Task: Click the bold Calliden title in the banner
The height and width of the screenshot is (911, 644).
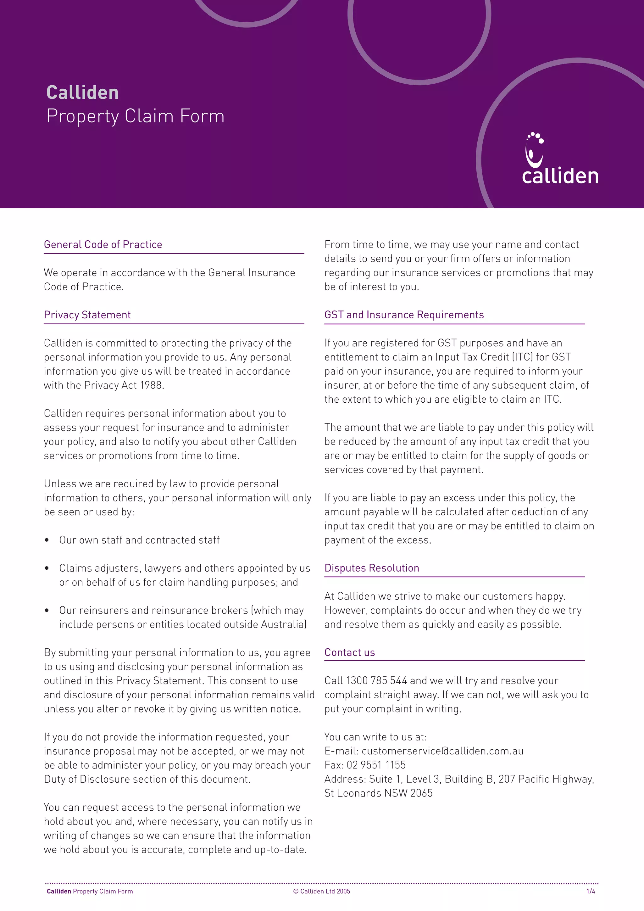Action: click(82, 93)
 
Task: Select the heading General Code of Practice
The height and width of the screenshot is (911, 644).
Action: click(103, 244)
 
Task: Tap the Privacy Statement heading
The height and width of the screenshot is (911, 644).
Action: click(87, 315)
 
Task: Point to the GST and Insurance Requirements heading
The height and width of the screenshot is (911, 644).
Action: click(404, 315)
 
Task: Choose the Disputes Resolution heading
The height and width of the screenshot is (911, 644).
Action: click(372, 568)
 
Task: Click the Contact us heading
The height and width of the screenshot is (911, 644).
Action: click(349, 652)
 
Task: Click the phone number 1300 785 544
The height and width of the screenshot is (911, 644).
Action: click(376, 680)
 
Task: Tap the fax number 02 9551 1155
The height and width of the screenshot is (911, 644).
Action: click(376, 765)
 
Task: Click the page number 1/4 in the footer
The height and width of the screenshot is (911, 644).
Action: click(591, 891)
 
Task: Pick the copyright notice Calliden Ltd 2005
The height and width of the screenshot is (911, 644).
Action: click(322, 891)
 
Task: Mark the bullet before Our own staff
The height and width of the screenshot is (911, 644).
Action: click(47, 540)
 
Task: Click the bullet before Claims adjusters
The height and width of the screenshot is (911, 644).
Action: click(47, 568)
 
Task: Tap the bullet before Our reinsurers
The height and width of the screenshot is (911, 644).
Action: click(47, 610)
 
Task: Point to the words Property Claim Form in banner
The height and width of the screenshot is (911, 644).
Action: click(135, 116)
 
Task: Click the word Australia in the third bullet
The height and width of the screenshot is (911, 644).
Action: click(283, 624)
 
